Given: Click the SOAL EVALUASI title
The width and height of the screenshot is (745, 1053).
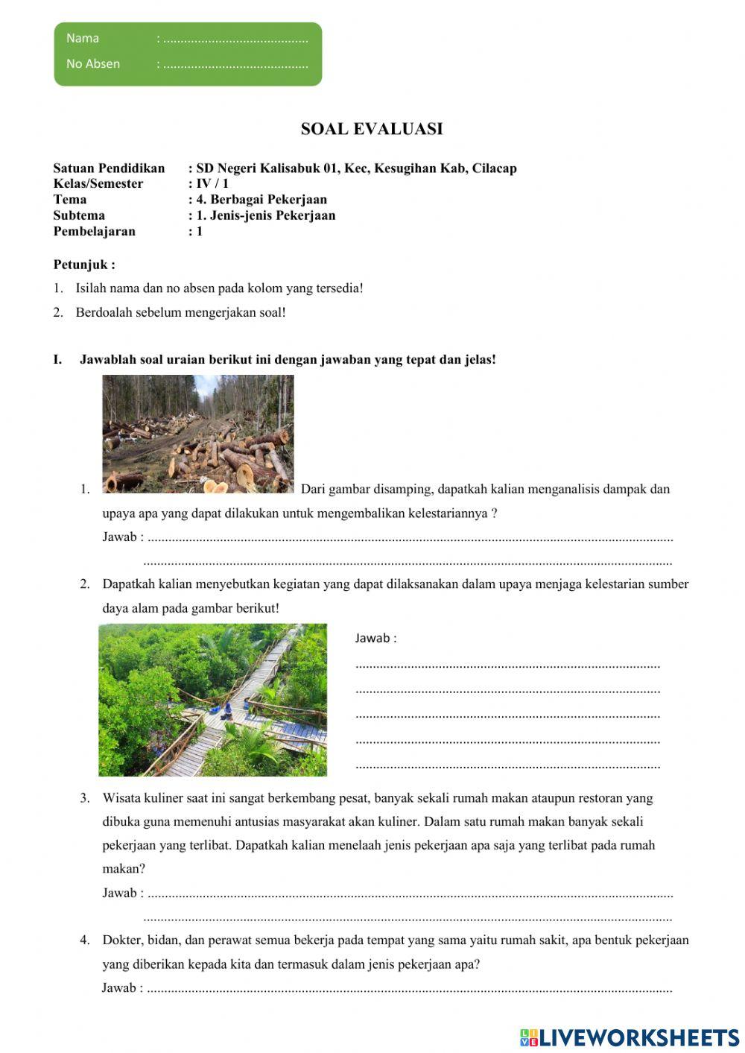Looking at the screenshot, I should [372, 129].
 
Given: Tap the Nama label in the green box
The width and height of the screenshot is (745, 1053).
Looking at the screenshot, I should [83, 39].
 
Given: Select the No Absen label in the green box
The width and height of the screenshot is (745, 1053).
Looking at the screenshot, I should [93, 64].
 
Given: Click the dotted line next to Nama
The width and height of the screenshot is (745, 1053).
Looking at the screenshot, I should [235, 39].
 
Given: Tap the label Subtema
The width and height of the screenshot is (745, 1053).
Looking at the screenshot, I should [79, 215].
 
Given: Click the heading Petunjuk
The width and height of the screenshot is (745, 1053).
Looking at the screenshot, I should [83, 265].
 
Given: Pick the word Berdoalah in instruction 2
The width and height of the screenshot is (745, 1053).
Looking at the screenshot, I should [102, 313].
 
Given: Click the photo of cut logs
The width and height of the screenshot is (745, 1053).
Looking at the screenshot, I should [197, 434].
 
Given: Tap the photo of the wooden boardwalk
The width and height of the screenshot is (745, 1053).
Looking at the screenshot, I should [212, 700].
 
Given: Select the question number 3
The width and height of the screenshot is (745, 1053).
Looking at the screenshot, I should [85, 798].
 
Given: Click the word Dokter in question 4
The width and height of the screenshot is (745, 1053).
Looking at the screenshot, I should [121, 940].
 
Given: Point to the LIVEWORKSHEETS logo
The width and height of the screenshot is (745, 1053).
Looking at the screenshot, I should [630, 1037].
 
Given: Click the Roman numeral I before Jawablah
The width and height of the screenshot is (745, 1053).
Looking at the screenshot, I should [57, 360].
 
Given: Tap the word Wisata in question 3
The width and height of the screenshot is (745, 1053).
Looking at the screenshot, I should [121, 798].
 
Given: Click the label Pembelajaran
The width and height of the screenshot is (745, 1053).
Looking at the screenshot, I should [95, 232].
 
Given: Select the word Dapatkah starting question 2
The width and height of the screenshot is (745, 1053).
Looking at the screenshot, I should [129, 584].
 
